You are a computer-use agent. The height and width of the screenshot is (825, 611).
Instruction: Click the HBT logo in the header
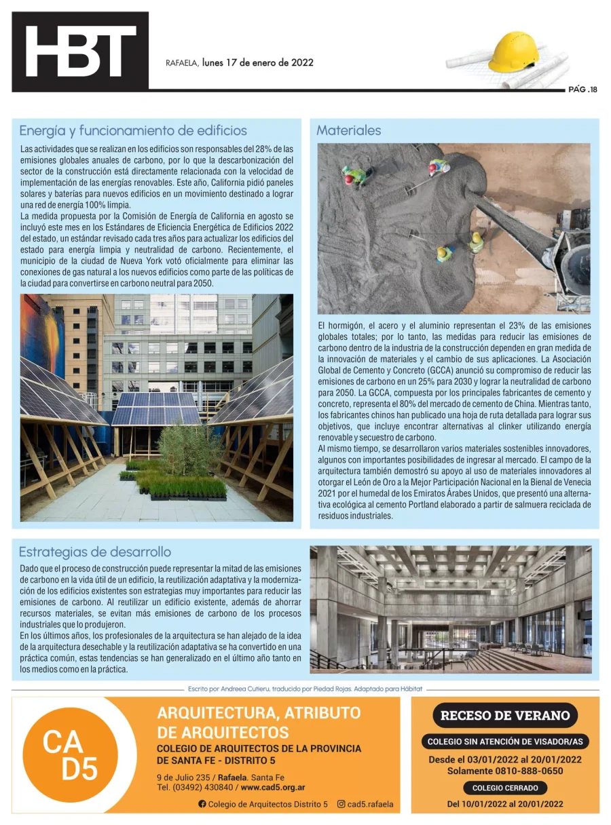click(x=80, y=52)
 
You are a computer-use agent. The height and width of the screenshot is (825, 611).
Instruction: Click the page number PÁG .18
click(x=582, y=89)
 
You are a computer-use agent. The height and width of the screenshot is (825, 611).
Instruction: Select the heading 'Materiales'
click(x=348, y=130)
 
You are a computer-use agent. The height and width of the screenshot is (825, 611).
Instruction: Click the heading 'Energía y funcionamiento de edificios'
click(x=133, y=130)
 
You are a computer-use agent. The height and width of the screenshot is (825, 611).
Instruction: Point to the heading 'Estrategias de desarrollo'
click(x=95, y=552)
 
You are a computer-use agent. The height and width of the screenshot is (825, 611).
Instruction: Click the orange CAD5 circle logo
click(x=71, y=754)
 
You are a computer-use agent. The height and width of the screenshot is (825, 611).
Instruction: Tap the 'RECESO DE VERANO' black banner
click(x=505, y=715)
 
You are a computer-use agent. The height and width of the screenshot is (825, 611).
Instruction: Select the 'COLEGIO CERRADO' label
click(x=505, y=788)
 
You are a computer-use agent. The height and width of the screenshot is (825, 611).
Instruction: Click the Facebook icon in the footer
click(x=202, y=804)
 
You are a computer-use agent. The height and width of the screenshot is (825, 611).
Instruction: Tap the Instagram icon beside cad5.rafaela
click(x=341, y=804)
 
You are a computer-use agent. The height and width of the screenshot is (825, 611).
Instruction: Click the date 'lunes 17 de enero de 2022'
click(x=257, y=62)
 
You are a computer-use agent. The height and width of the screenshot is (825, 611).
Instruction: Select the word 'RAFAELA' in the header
click(x=182, y=63)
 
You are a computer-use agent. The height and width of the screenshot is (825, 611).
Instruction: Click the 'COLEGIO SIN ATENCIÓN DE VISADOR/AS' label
click(x=505, y=742)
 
